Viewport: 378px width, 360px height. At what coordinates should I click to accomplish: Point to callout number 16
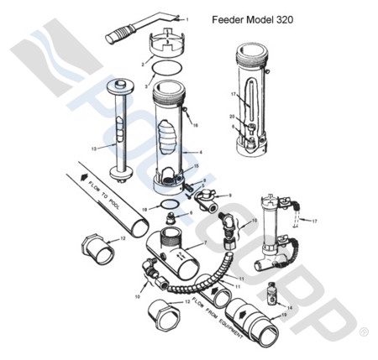(195, 123)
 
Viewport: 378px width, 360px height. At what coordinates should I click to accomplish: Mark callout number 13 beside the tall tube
(94, 148)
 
